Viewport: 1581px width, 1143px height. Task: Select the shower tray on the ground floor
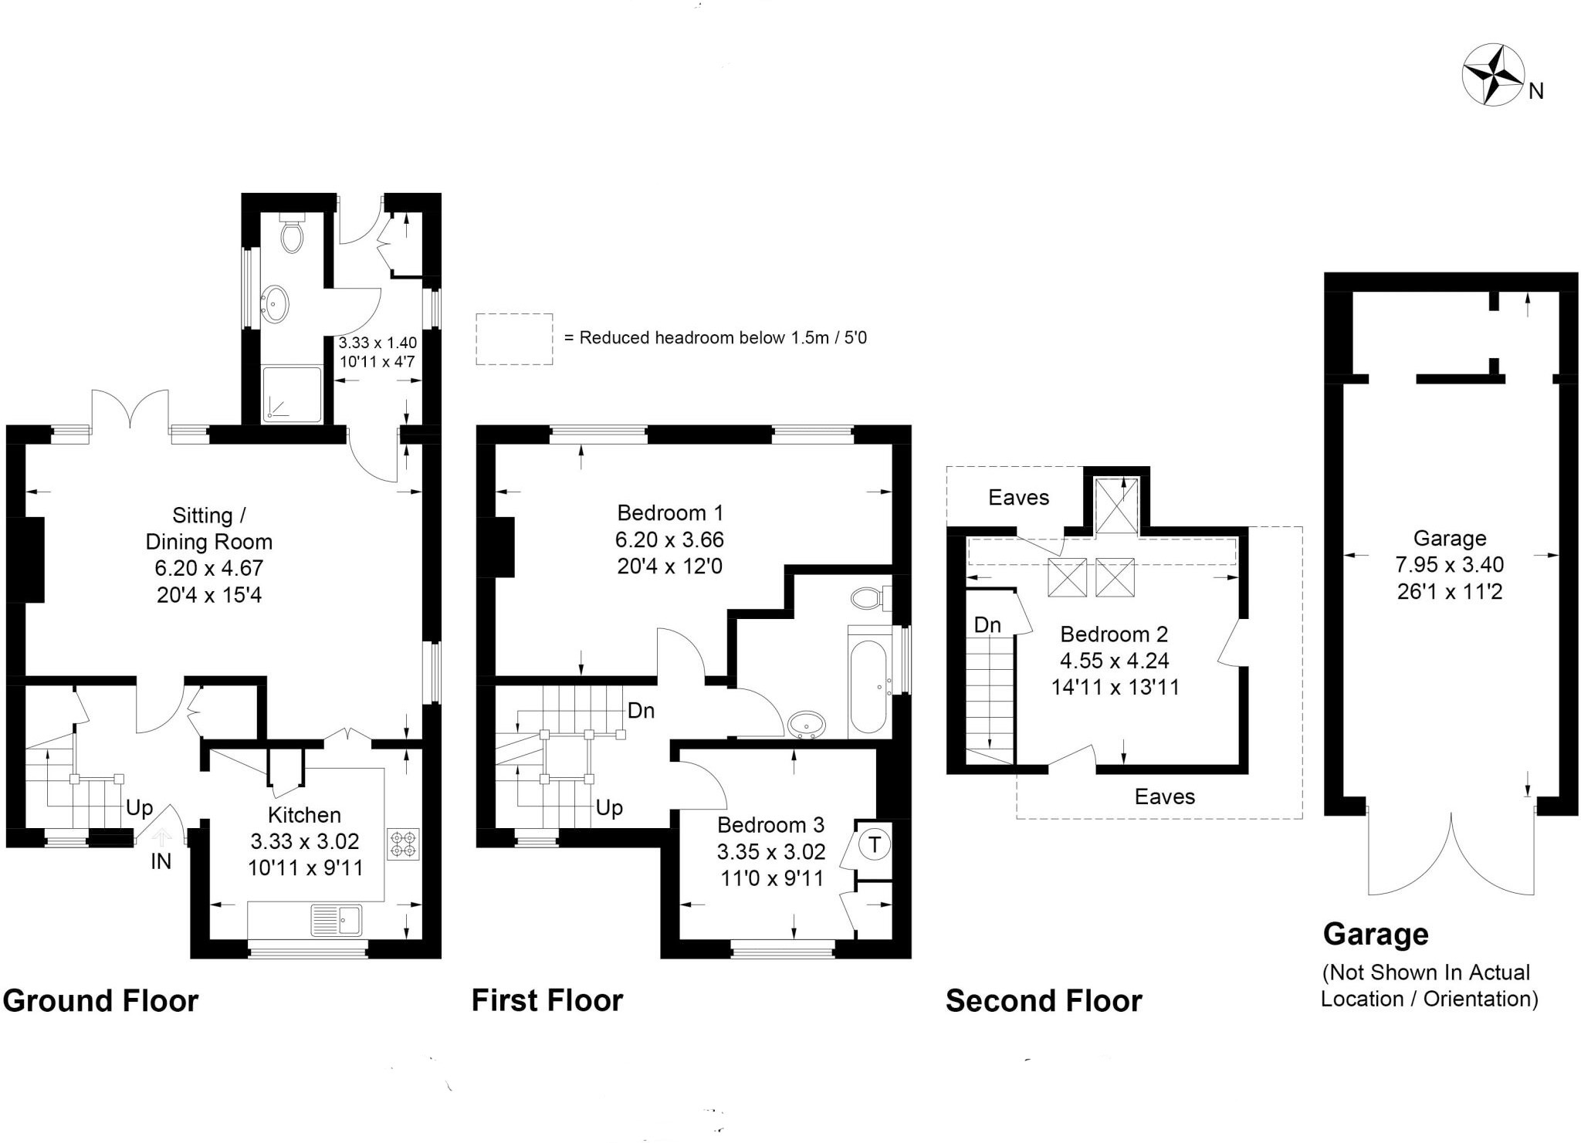(x=292, y=394)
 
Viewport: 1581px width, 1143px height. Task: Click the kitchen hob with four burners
(x=404, y=844)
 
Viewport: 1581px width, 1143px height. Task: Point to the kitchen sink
(x=337, y=920)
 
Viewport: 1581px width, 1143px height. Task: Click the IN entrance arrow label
(x=161, y=861)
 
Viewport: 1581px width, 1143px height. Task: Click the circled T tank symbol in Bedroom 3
(x=874, y=844)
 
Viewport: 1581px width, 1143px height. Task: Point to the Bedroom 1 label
(x=670, y=512)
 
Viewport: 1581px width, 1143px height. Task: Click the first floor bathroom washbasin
(x=807, y=725)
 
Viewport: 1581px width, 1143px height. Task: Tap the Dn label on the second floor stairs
(x=987, y=624)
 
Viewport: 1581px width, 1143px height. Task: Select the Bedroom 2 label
(x=1114, y=634)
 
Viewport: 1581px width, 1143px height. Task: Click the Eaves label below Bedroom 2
(x=1164, y=796)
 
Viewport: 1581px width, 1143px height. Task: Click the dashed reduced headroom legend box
(x=514, y=339)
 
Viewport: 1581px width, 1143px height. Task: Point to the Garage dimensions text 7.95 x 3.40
(x=1449, y=564)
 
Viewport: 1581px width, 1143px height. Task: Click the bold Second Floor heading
(x=1044, y=1001)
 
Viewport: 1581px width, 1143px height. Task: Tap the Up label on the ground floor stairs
(x=140, y=807)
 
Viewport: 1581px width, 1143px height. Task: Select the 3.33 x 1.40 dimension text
(x=377, y=343)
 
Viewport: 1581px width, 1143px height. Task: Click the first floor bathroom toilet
(x=868, y=597)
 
